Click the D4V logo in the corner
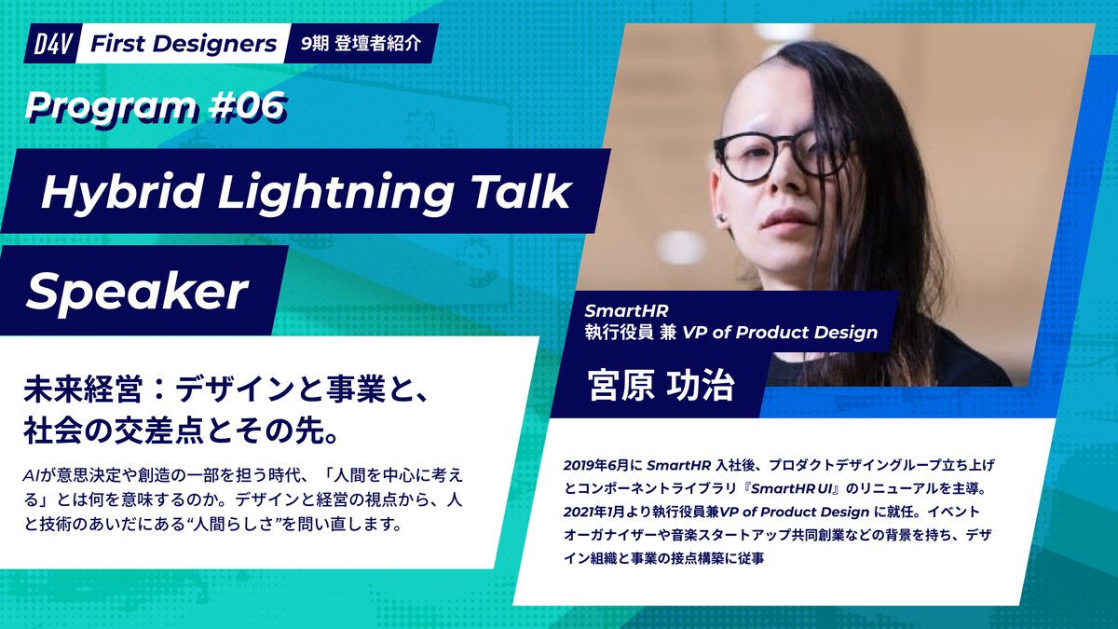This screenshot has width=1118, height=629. (x=49, y=44)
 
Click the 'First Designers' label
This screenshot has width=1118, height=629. (x=183, y=44)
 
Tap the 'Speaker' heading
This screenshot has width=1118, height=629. (x=136, y=293)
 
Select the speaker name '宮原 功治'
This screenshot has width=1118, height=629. (x=660, y=386)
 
